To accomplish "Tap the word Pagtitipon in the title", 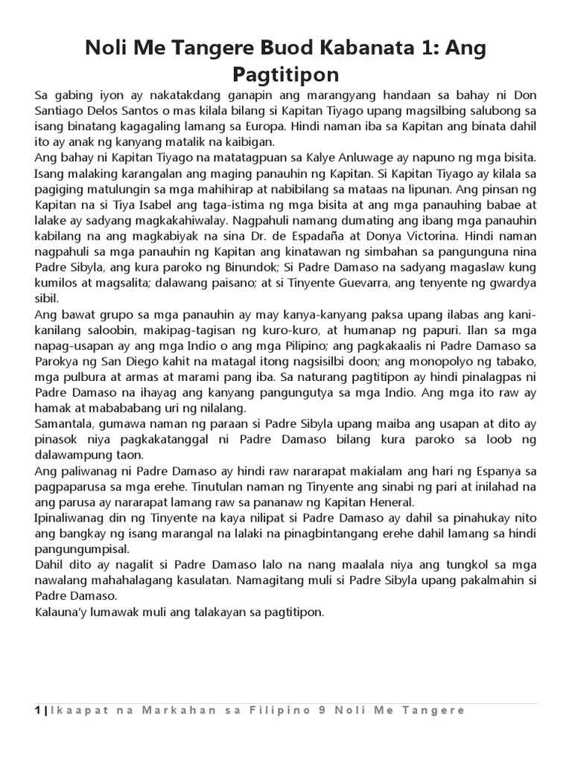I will pos(286,74).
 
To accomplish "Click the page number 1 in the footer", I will pos(38,711).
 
